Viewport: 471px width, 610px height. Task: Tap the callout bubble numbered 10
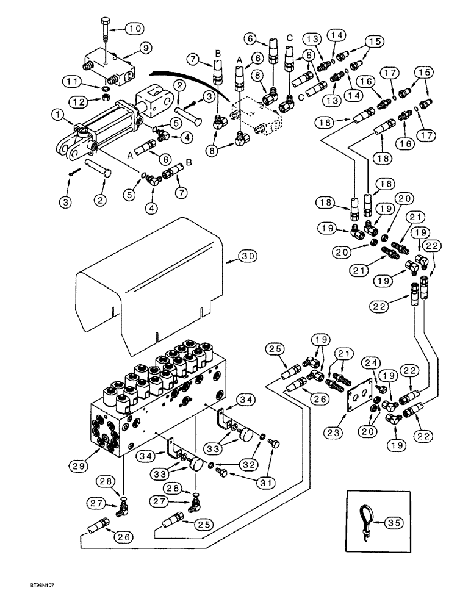[x=137, y=28]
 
